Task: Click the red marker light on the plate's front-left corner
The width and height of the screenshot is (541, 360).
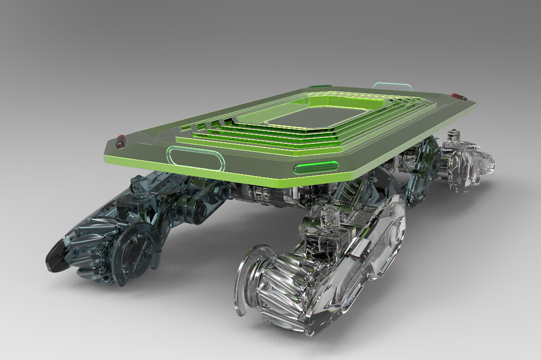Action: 121,138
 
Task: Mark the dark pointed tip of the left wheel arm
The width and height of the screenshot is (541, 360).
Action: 55,254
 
